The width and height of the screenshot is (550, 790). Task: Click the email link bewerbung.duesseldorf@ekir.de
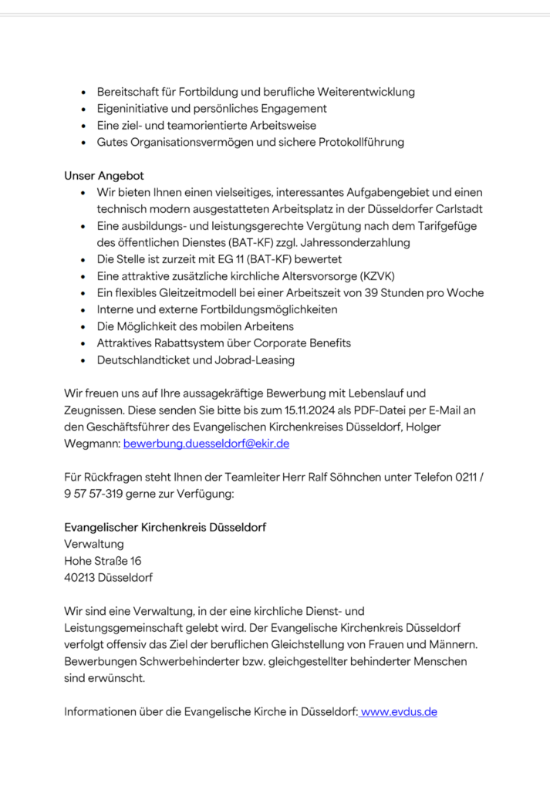click(x=206, y=444)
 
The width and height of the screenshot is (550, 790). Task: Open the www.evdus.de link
click(x=399, y=712)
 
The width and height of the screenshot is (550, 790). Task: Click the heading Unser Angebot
click(x=103, y=177)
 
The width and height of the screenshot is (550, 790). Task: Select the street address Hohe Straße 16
click(x=103, y=561)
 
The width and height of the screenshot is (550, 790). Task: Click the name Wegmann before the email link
click(x=92, y=444)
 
